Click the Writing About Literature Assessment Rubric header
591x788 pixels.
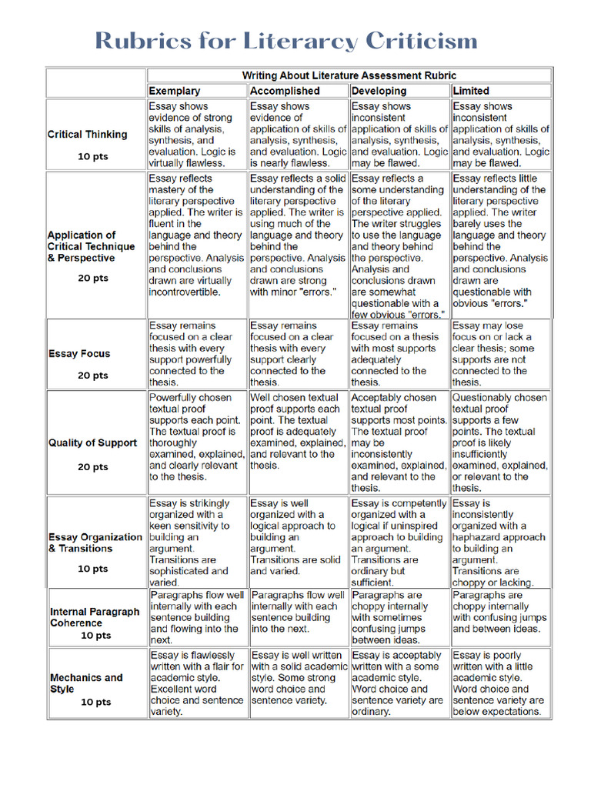pos(349,75)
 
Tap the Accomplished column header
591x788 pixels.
pos(285,91)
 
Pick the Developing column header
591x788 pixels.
pos(379,91)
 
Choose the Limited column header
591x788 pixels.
pos(471,91)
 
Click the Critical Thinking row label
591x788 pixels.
pos(87,134)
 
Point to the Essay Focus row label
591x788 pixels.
pos(79,354)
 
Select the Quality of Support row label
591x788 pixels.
pos(92,443)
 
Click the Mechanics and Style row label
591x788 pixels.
pos(86,683)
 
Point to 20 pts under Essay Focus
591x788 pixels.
pos(93,376)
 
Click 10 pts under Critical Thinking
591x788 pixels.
pos(93,155)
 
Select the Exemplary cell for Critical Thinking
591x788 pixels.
pos(196,135)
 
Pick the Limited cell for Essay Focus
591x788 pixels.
pos(500,354)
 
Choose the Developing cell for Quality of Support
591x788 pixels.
pos(399,442)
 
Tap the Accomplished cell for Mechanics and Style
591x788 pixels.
pos(298,678)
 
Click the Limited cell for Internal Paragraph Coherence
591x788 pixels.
pos(500,612)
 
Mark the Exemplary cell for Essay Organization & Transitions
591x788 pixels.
pos(196,543)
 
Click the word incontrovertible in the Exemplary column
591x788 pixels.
pos(185,292)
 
